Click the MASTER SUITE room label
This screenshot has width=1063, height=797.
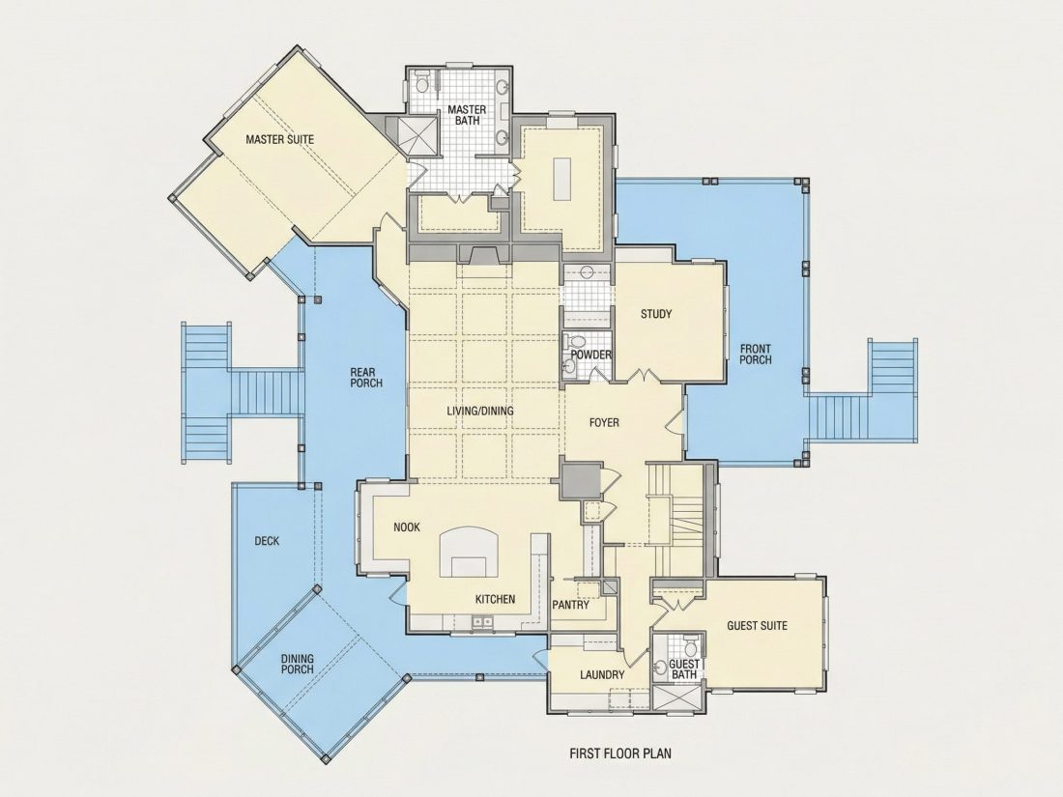coord(280,140)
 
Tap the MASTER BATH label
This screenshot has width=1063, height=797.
coord(467,115)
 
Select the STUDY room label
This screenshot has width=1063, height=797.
coord(656,314)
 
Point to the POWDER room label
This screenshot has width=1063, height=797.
coord(591,355)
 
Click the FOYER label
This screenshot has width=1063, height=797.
coord(604,423)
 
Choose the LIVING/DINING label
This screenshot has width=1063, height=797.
coord(480,411)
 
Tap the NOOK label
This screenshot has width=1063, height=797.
coord(407,527)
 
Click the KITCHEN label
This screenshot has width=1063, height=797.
coord(495,599)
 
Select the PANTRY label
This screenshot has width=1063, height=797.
coord(571,605)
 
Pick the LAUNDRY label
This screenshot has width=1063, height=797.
coord(602,675)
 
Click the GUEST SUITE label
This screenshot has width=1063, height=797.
coord(758,626)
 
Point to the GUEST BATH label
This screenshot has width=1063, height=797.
coord(684,669)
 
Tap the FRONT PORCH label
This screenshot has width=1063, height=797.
coord(756,355)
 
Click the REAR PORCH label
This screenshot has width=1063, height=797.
coord(366,378)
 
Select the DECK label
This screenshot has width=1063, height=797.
coord(267,541)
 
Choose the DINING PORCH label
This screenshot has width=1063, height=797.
coord(298,665)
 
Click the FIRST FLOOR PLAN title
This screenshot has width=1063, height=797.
coord(620,753)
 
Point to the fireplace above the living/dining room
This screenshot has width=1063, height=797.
coord(483,254)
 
